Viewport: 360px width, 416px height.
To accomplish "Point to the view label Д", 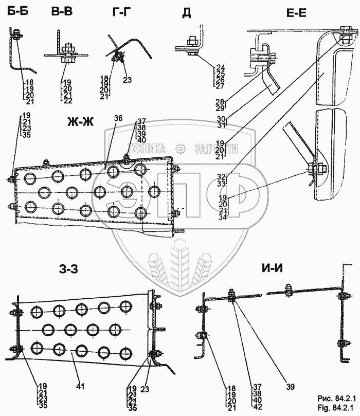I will click(x=186, y=13).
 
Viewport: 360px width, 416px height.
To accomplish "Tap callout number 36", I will click(x=118, y=118).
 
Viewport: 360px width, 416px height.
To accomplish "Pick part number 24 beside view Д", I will click(x=221, y=67).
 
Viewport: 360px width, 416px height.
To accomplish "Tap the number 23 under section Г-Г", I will click(x=128, y=80).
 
